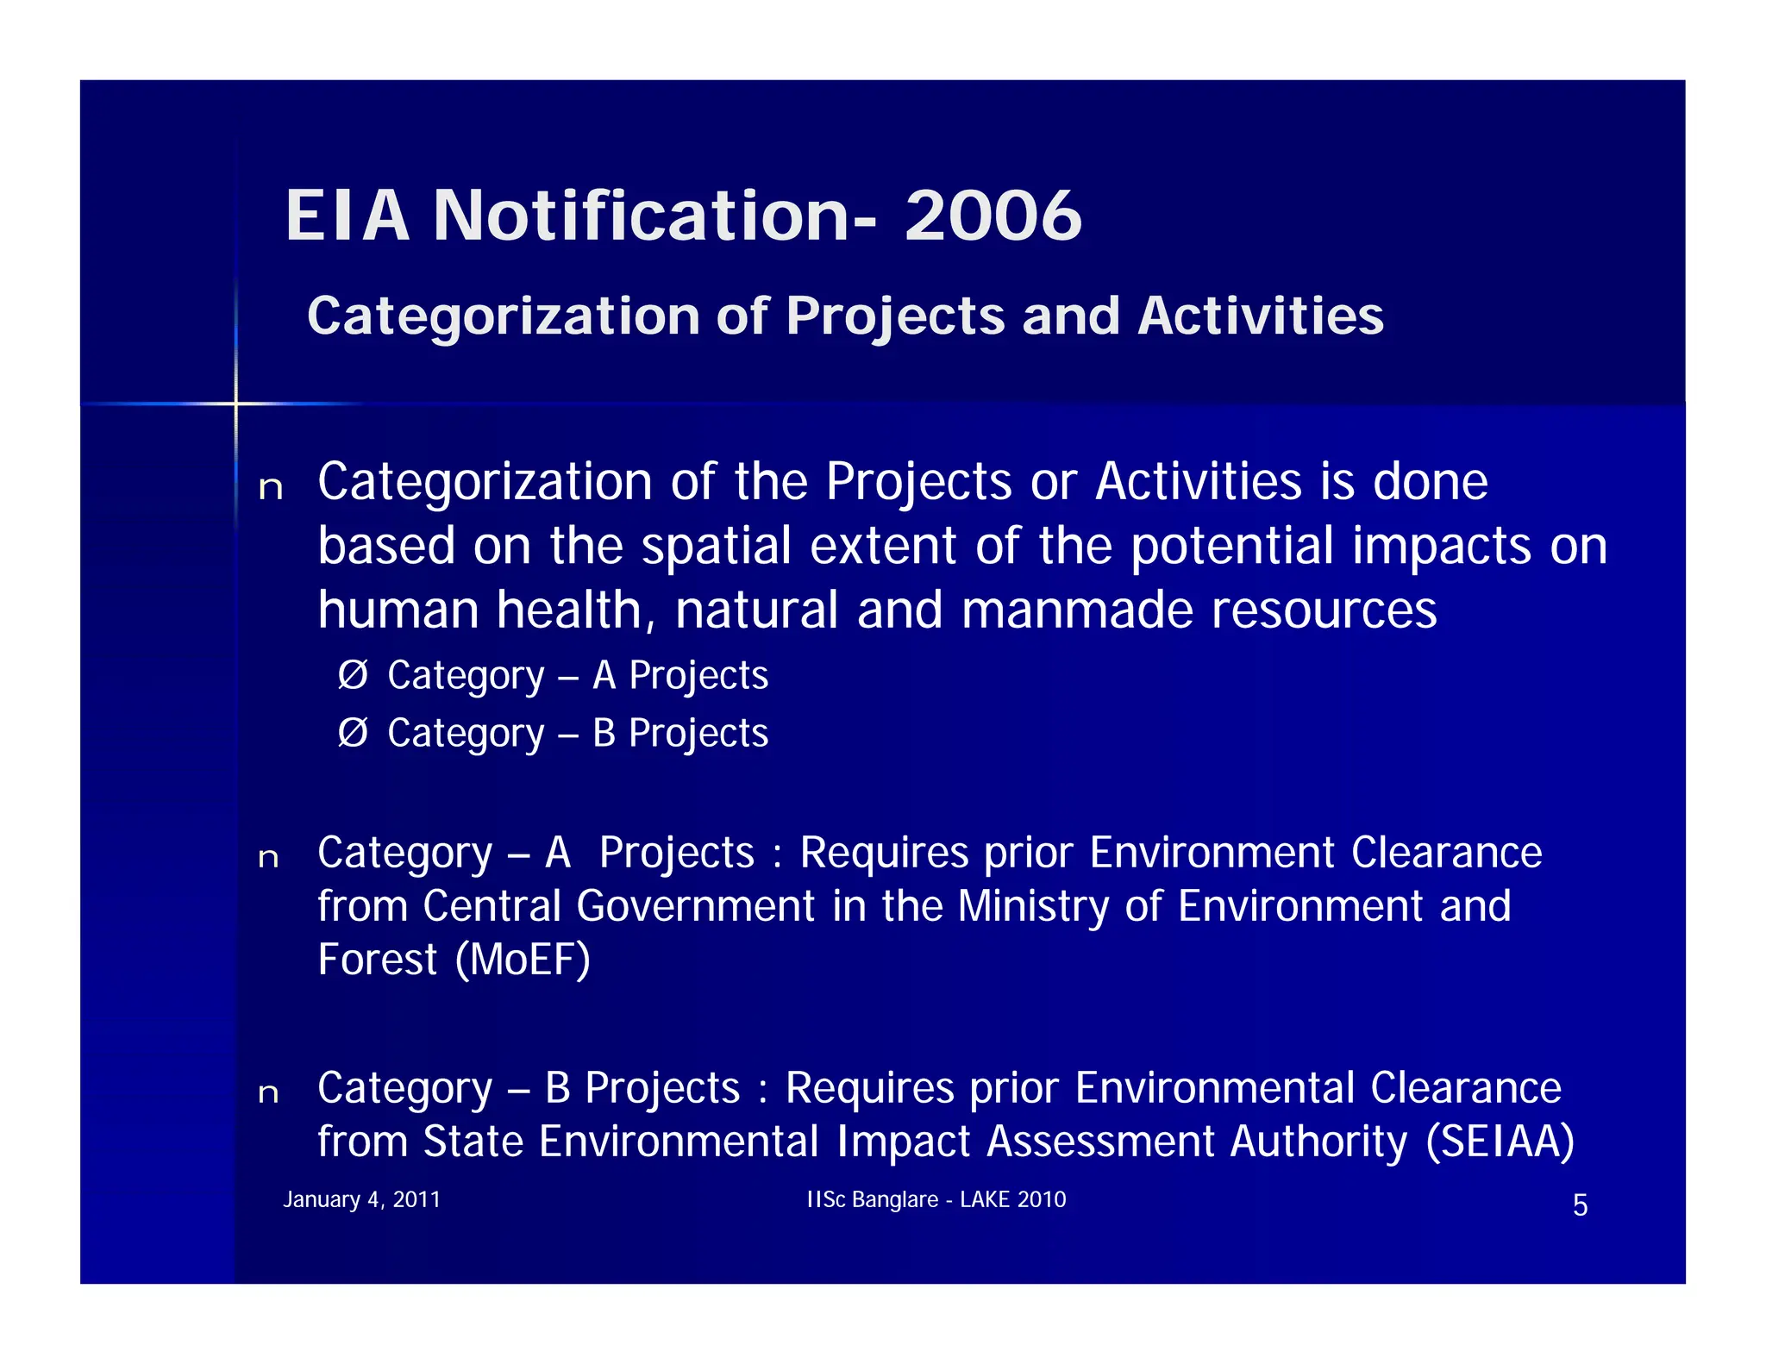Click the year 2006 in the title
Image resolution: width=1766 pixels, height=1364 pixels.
(x=993, y=216)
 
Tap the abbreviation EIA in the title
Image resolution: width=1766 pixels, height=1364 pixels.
(x=347, y=216)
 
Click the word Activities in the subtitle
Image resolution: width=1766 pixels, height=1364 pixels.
(x=1260, y=316)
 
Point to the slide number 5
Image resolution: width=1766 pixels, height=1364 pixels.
(x=1580, y=1204)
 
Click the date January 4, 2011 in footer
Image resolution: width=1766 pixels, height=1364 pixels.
(x=361, y=1199)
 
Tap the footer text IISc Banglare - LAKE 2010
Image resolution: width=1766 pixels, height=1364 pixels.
(x=936, y=1199)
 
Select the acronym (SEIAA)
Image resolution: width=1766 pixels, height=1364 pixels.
(x=1500, y=1142)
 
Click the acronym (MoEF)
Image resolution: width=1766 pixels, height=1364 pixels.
(x=523, y=959)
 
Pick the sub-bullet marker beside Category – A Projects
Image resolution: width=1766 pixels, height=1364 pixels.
(x=353, y=674)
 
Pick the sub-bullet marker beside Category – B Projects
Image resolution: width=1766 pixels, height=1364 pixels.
(x=353, y=732)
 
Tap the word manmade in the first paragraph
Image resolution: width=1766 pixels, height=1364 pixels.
(x=1077, y=610)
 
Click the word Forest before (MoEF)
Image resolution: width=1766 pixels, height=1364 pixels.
(x=377, y=959)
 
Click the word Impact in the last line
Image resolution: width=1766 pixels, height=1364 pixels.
(x=904, y=1142)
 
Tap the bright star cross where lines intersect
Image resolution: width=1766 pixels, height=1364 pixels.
(x=235, y=403)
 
